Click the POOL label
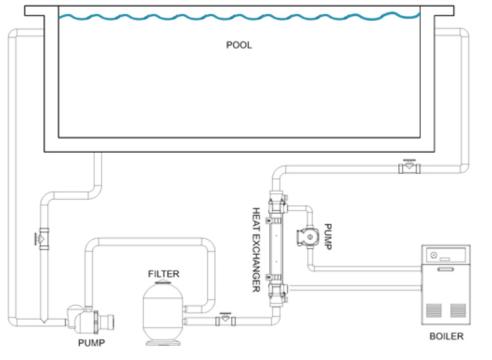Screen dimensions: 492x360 click(x=239, y=45)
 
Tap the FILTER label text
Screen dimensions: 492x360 click(x=163, y=274)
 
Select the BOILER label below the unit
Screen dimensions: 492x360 click(x=446, y=336)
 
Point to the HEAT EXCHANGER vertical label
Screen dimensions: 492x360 click(x=256, y=250)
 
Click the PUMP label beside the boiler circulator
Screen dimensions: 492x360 click(x=328, y=236)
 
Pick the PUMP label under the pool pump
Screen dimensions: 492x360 click(x=91, y=343)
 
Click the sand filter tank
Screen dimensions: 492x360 click(x=163, y=312)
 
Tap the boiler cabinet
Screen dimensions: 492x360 click(x=446, y=284)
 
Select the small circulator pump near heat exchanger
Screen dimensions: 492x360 click(x=307, y=236)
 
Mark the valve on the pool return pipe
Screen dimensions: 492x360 click(x=409, y=166)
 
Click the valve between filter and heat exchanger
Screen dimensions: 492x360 click(x=226, y=320)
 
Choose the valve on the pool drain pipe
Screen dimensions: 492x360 click(x=42, y=239)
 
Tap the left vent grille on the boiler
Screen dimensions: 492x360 click(x=434, y=310)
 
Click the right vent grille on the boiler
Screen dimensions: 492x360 click(x=458, y=310)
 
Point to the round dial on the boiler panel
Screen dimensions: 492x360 click(x=433, y=255)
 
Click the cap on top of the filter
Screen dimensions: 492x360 click(x=163, y=282)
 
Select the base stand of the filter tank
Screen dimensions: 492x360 click(x=163, y=342)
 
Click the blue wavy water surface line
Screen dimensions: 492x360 click(x=239, y=16)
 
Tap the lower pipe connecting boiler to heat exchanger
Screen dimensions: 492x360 click(x=354, y=288)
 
